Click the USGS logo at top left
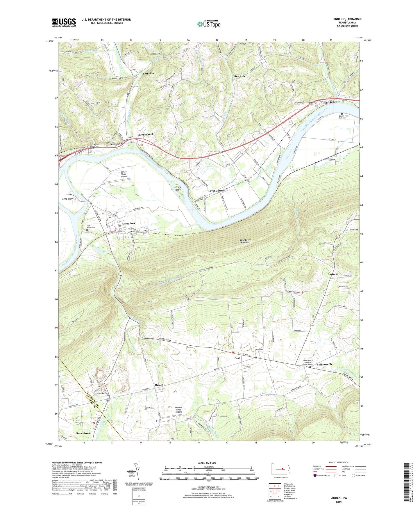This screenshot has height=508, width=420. pyautogui.click(x=64, y=22)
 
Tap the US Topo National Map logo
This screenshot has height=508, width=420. pyautogui.click(x=208, y=24)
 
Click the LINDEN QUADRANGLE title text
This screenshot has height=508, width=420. pyautogui.click(x=347, y=19)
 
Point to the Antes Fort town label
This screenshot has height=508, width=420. pyautogui.click(x=128, y=223)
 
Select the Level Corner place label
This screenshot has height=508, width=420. pyautogui.click(x=216, y=191)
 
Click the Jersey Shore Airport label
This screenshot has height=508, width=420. pyautogui.click(x=124, y=174)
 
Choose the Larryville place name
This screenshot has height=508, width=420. pyautogui.click(x=147, y=74)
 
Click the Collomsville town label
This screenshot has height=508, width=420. pyautogui.click(x=324, y=364)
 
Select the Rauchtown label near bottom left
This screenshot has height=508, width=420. pyautogui.click(x=83, y=433)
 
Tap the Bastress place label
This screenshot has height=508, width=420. pyautogui.click(x=333, y=274)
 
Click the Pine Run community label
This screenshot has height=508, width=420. pyautogui.click(x=239, y=76)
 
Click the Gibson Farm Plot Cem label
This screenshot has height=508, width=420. pyautogui.click(x=344, y=117)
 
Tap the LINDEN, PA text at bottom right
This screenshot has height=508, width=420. pyautogui.click(x=339, y=498)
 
